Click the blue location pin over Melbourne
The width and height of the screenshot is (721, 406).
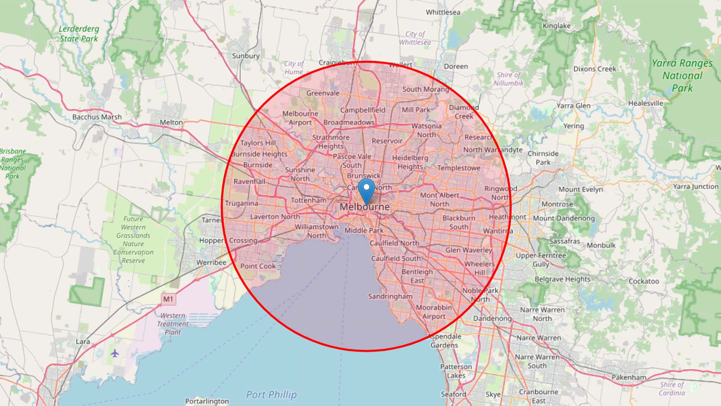pyautogui.click(x=366, y=189)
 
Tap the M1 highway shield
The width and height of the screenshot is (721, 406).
pyautogui.click(x=168, y=299)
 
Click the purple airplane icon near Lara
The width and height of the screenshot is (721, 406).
pyautogui.click(x=115, y=353)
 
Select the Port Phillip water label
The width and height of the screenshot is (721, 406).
pyautogui.click(x=271, y=394)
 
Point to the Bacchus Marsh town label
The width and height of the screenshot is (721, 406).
pyautogui.click(x=97, y=117)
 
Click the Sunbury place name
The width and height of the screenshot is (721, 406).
pyautogui.click(x=246, y=56)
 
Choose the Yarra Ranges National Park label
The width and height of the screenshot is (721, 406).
pyautogui.click(x=682, y=76)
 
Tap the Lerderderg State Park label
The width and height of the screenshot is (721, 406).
pyautogui.click(x=79, y=34)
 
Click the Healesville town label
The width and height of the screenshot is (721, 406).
pyautogui.click(x=646, y=103)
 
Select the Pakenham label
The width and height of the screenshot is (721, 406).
pyautogui.click(x=629, y=377)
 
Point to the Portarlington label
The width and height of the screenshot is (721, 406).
pyautogui.click(x=207, y=401)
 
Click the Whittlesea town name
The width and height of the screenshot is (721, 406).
pyautogui.click(x=443, y=12)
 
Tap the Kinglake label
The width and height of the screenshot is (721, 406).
pyautogui.click(x=557, y=26)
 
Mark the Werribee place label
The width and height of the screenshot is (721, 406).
pyautogui.click(x=211, y=262)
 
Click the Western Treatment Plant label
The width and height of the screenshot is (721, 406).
pyautogui.click(x=173, y=324)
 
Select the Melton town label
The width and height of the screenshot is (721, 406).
pyautogui.click(x=171, y=122)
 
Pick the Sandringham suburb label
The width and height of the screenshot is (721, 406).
pyautogui.click(x=390, y=296)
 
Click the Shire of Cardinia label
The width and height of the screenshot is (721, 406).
pyautogui.click(x=672, y=389)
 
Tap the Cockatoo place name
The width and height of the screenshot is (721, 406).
pyautogui.click(x=644, y=281)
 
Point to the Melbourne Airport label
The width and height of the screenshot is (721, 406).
pyautogui.click(x=300, y=118)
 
